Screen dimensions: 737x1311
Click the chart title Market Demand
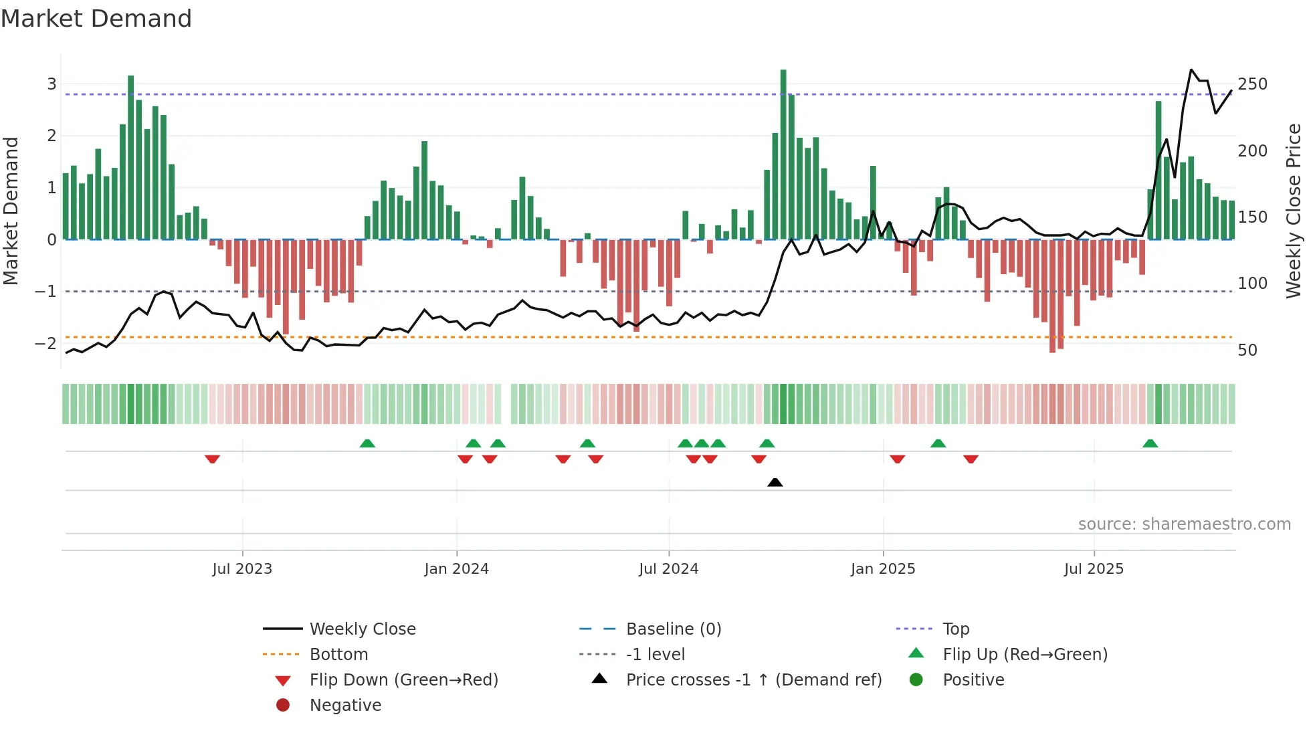[96, 19]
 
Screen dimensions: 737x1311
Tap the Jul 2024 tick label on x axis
[668, 569]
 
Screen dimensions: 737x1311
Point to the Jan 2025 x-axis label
[882, 569]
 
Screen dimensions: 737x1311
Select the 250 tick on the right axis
[1252, 84]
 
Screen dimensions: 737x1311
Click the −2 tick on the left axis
[45, 344]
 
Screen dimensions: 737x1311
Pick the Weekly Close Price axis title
[1294, 211]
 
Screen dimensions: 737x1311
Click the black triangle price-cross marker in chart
[775, 483]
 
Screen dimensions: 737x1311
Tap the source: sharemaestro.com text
[1184, 524]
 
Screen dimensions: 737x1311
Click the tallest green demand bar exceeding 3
[783, 154]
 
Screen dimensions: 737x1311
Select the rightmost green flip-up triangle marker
[1150, 444]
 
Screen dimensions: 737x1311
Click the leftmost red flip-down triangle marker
[212, 459]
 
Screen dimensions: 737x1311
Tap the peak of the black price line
[1191, 70]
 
